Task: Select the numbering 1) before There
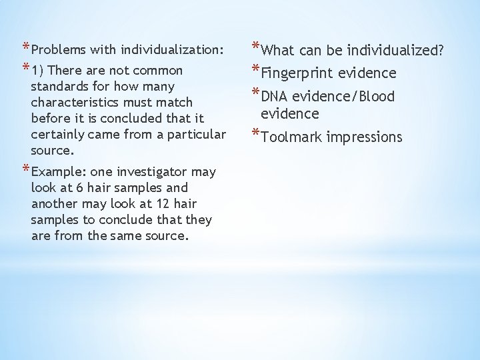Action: (38, 70)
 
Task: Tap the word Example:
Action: (57, 172)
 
